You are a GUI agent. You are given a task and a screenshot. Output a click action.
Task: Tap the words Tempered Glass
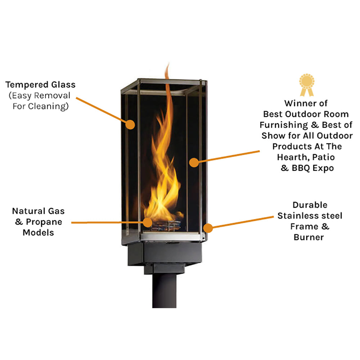[x=40, y=85]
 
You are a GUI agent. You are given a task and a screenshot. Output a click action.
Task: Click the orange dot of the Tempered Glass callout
[x=130, y=125]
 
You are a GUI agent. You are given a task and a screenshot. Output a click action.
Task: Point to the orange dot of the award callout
[x=194, y=162]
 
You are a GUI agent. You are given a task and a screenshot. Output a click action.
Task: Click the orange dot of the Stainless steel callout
[x=207, y=228]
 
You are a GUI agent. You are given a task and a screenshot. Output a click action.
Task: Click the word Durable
[x=310, y=205]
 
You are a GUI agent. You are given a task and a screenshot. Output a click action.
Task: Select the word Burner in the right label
[x=309, y=237]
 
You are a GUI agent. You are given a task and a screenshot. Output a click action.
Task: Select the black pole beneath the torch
[x=164, y=292]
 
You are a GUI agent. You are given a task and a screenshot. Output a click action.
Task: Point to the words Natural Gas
[x=39, y=211]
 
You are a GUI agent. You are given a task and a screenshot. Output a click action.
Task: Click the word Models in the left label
[x=38, y=233]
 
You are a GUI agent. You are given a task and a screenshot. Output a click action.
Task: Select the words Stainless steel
[x=310, y=216]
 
